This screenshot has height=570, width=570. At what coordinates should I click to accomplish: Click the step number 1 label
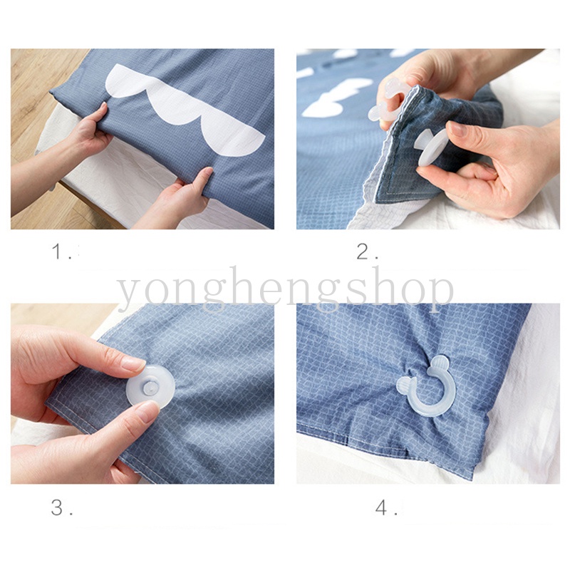[61, 252]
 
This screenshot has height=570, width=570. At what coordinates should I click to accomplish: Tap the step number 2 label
[367, 252]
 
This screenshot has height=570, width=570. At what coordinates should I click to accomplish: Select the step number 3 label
[61, 507]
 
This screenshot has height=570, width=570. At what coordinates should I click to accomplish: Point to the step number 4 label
[386, 507]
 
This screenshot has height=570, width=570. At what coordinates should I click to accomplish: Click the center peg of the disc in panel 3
[150, 388]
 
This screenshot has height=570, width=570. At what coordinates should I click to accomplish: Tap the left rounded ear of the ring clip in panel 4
[404, 385]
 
